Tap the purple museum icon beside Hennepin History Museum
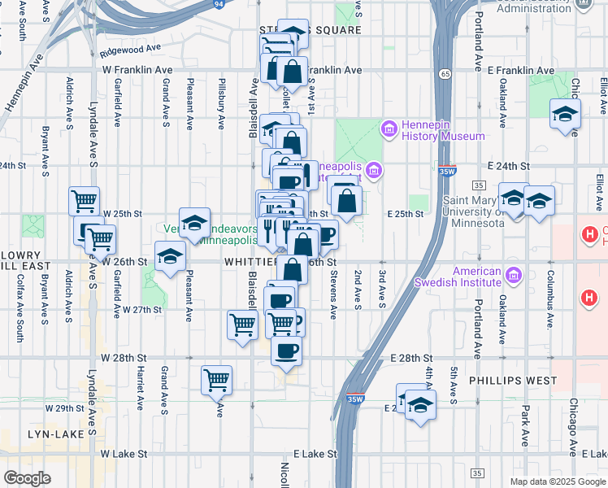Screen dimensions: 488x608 (389, 129)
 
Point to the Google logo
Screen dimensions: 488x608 (28, 477)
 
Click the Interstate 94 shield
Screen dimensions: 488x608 (219, 5)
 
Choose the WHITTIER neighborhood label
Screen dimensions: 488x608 (252, 262)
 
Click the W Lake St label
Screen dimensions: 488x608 (124, 454)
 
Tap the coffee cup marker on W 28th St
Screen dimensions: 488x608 (285, 351)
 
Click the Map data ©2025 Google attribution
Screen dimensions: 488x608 (558, 481)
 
